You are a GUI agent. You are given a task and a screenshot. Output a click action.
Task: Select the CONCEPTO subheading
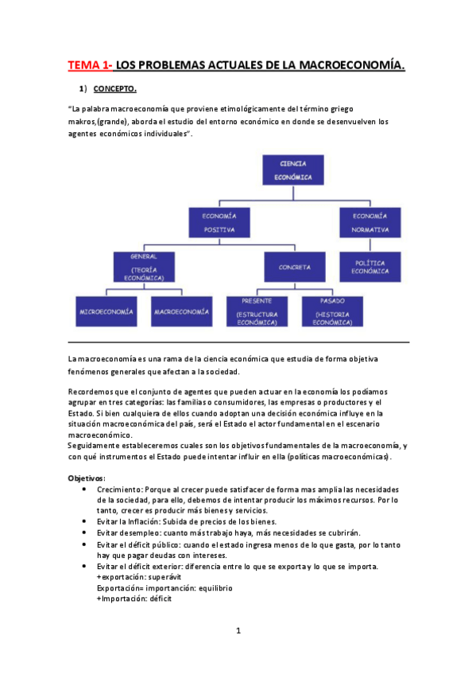[114, 88]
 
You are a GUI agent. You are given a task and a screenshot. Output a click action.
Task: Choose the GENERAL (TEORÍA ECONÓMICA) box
[144, 267]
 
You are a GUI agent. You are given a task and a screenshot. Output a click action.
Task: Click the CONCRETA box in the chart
[295, 267]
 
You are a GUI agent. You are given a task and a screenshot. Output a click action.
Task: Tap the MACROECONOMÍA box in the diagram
[182, 310]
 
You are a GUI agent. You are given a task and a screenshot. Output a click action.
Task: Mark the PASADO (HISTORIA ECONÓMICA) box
[333, 311]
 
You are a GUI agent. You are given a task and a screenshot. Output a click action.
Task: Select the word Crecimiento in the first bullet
[119, 489]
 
